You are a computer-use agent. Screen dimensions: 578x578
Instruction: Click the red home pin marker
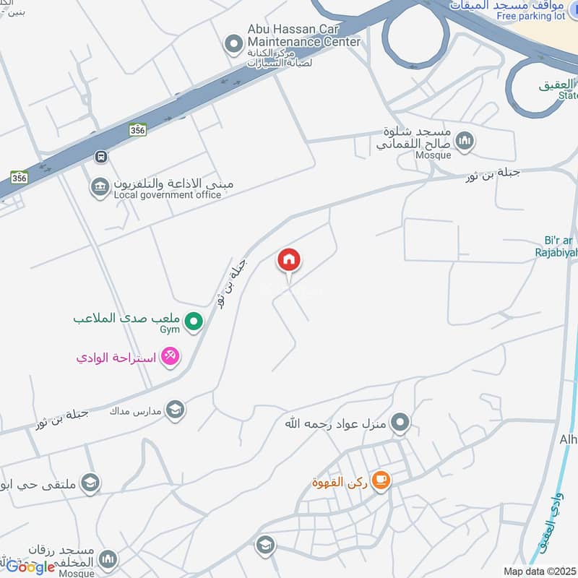(x=289, y=260)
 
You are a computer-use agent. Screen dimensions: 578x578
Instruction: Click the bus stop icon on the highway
(x=100, y=157)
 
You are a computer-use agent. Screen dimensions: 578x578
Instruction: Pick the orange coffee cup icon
(x=381, y=480)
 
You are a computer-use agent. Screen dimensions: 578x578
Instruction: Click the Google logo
(x=30, y=567)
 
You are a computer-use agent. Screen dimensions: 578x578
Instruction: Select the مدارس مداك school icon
(x=175, y=410)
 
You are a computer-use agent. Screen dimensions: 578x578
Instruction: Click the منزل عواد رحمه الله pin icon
(x=400, y=422)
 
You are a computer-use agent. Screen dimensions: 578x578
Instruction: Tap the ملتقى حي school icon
(x=90, y=483)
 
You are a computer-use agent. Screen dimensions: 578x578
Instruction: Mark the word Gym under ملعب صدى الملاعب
(x=168, y=329)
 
